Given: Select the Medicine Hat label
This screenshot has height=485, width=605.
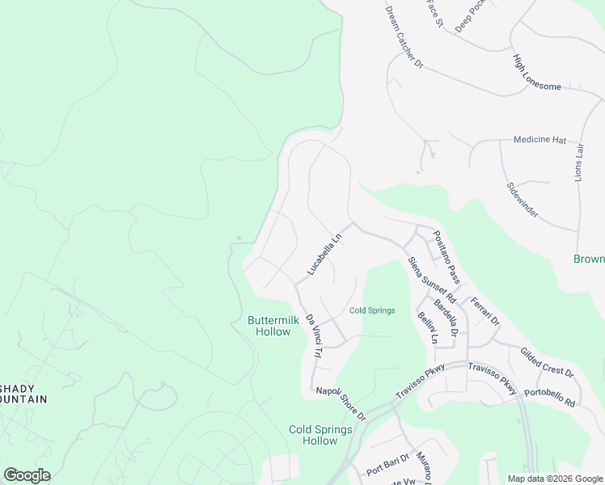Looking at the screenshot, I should click(539, 140).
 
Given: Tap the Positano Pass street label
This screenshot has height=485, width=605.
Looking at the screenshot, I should click(446, 258).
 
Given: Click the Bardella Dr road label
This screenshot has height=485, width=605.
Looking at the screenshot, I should click(446, 317).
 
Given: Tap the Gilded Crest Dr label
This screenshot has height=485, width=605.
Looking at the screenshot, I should click(547, 363).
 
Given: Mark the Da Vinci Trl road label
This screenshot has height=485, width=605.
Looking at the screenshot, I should click(312, 337).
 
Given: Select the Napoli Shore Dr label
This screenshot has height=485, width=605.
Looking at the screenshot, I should click(341, 403).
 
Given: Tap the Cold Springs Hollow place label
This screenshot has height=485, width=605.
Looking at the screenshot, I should click(320, 435).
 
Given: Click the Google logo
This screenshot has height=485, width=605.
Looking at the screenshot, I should click(27, 475).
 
